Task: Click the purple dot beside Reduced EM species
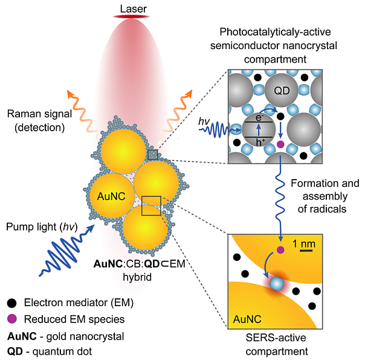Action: click(x=11, y=319)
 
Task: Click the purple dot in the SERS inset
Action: click(x=280, y=249)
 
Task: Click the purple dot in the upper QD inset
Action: click(x=280, y=145)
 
